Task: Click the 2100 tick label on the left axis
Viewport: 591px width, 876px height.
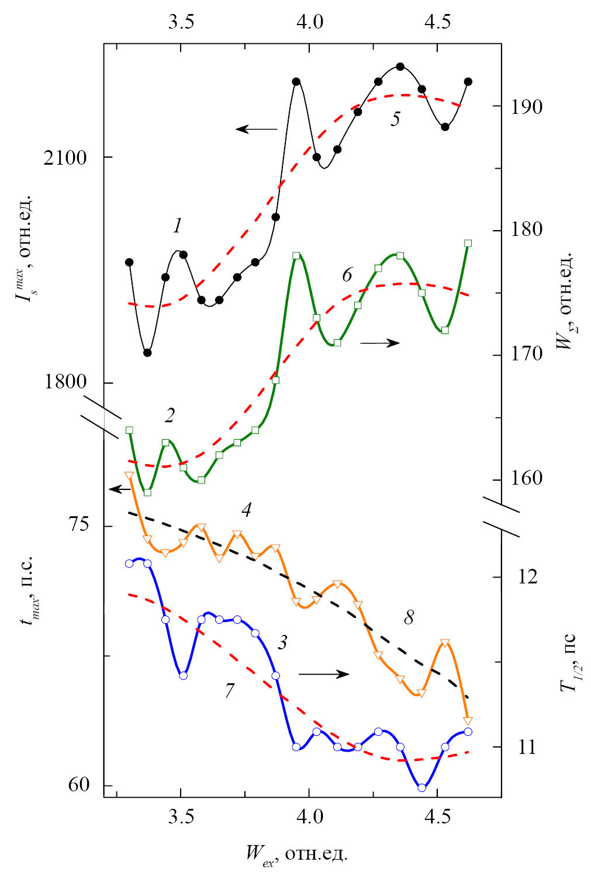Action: [65, 158]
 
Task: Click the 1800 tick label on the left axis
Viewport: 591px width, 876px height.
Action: [65, 383]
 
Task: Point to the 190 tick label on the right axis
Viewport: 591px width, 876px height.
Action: [526, 106]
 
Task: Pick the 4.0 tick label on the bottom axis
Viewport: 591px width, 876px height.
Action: [309, 816]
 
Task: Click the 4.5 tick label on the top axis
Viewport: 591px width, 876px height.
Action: [437, 22]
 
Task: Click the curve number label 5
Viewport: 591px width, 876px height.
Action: [396, 119]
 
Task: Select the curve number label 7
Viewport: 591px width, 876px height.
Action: [230, 690]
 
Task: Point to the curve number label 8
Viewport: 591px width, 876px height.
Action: [409, 617]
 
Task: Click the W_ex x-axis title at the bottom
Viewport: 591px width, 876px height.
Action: [296, 854]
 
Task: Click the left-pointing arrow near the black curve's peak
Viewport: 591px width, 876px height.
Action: [256, 129]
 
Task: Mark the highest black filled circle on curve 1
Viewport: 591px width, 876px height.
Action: [400, 67]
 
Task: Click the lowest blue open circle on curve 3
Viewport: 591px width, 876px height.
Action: [421, 787]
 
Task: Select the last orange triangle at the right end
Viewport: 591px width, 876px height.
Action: [468, 720]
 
